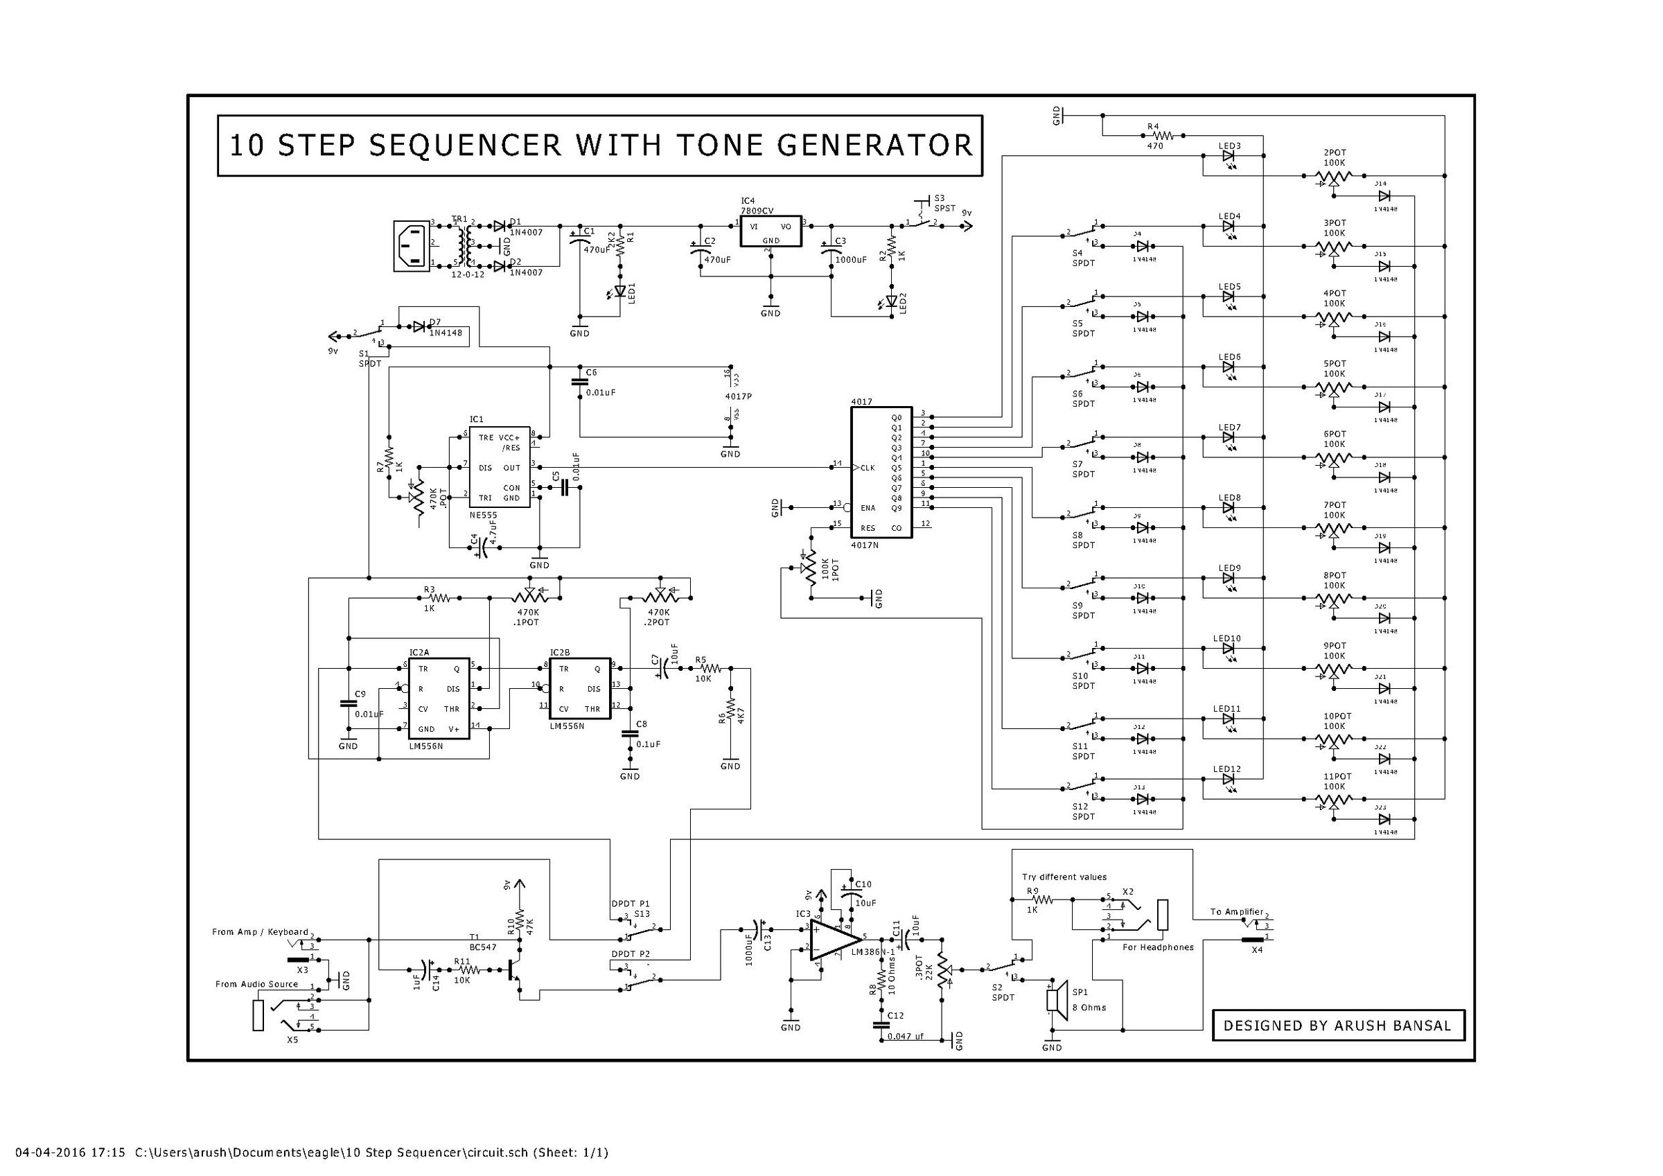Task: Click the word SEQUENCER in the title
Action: pos(464,146)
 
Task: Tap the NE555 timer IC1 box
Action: pos(500,467)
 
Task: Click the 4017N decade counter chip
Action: pos(881,472)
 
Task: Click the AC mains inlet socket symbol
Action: pos(412,247)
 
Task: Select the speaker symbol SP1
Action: pos(1057,1000)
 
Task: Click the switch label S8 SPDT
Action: pos(1084,540)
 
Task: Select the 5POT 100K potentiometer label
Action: pos(1334,369)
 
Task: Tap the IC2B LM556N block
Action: pos(579,688)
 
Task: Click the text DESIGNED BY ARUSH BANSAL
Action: pos(1338,1026)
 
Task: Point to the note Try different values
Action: pos(1064,877)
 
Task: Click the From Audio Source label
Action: pos(256,984)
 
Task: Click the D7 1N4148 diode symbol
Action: pos(419,327)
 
